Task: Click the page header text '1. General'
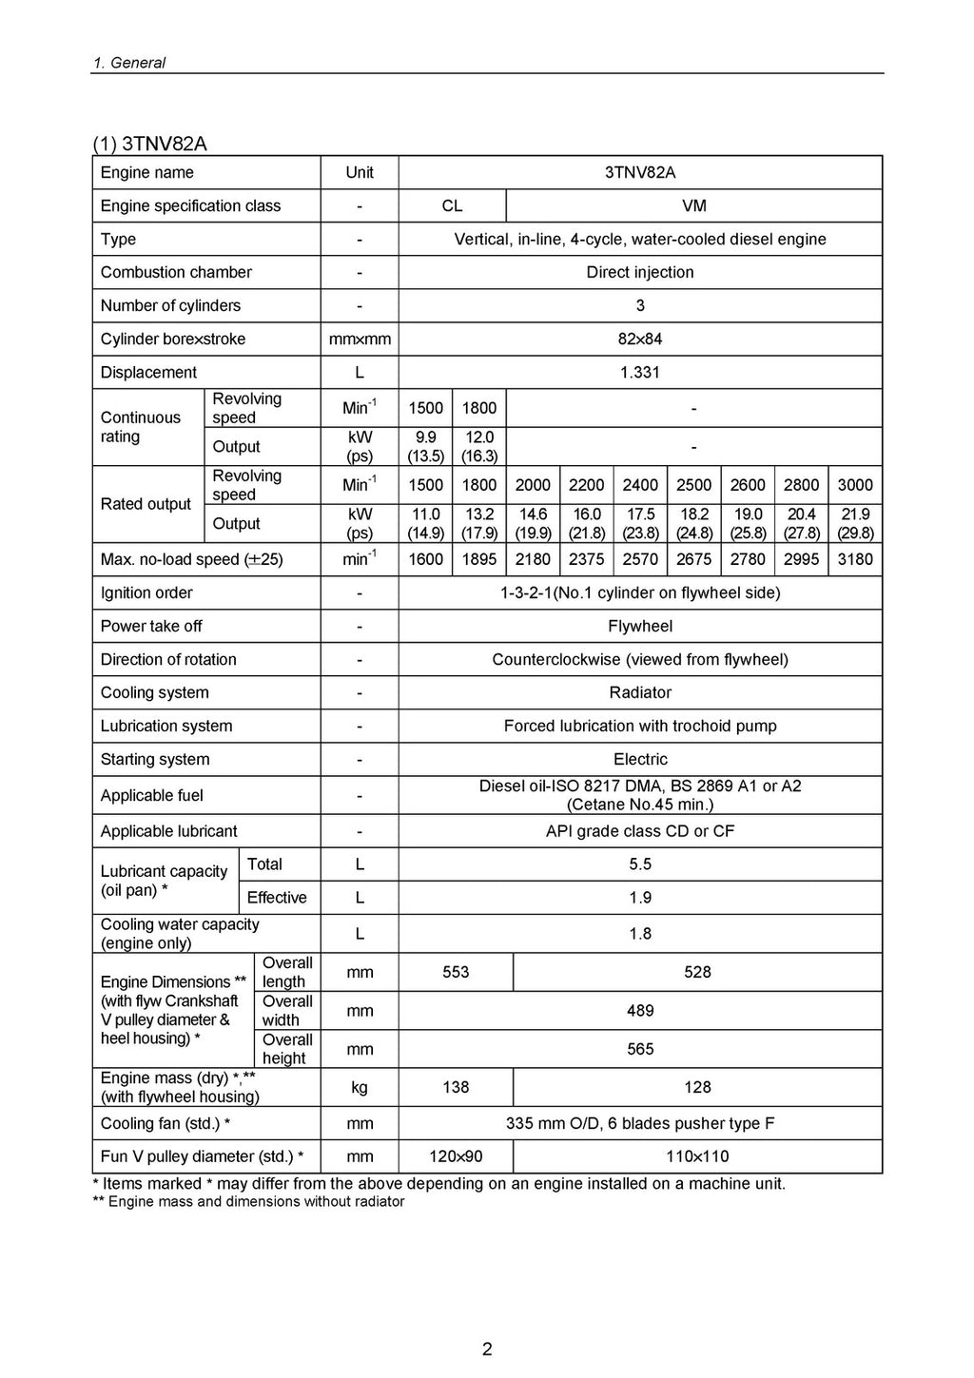[128, 63]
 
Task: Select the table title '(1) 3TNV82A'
[149, 144]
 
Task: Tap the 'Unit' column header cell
[360, 172]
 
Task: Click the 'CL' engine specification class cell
[452, 205]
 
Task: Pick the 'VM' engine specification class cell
[694, 205]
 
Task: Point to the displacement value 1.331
[640, 372]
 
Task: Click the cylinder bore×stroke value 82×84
[640, 339]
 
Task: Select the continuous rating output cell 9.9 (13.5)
[425, 446]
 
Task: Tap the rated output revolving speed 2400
[640, 485]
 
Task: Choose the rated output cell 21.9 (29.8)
[855, 523]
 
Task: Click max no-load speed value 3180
[855, 559]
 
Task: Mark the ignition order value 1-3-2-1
[640, 592]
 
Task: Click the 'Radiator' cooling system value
[640, 692]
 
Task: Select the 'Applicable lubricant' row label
[169, 830]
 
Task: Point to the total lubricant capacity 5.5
[640, 864]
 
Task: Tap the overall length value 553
[456, 972]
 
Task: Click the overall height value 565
[640, 1049]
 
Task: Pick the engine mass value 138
[456, 1087]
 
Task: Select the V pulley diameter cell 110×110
[697, 1156]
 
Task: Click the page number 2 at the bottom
[487, 1349]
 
